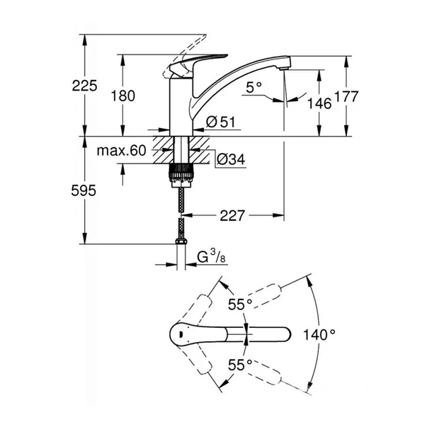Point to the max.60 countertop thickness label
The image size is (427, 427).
click(x=122, y=150)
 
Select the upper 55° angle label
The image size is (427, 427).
click(x=240, y=304)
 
